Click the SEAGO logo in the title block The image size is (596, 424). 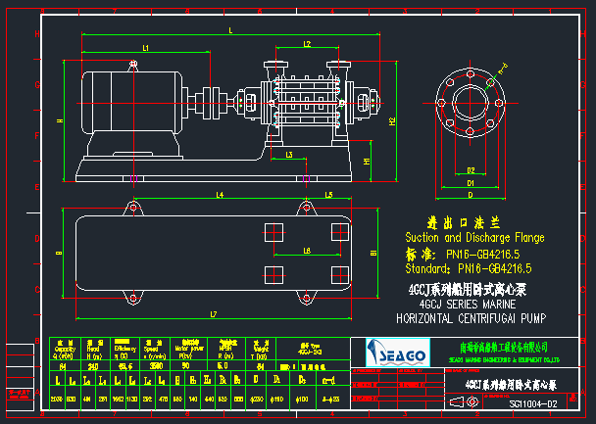pyautogui.click(x=397, y=351)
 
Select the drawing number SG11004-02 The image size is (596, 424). pyautogui.click(x=533, y=403)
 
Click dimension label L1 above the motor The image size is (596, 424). pyautogui.click(x=145, y=47)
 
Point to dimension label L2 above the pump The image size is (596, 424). pyautogui.click(x=307, y=45)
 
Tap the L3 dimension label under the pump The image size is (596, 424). pyautogui.click(x=289, y=155)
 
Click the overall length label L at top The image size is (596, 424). pyautogui.click(x=230, y=31)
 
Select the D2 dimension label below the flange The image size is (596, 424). pyautogui.click(x=471, y=170)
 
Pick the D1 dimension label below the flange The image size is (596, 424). pyautogui.click(x=471, y=182)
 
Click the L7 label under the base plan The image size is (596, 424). pyautogui.click(x=213, y=313)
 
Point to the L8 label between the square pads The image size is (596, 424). pyautogui.click(x=308, y=251)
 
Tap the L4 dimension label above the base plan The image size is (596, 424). pyautogui.click(x=220, y=196)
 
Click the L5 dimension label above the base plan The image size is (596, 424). pyautogui.click(x=329, y=196)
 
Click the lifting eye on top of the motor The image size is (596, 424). pyautogui.click(x=134, y=65)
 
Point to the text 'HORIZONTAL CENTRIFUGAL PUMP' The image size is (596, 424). pyautogui.click(x=468, y=318)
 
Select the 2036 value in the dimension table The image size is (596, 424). pyautogui.click(x=56, y=400)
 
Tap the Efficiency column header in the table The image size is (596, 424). pyautogui.click(x=124, y=349)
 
